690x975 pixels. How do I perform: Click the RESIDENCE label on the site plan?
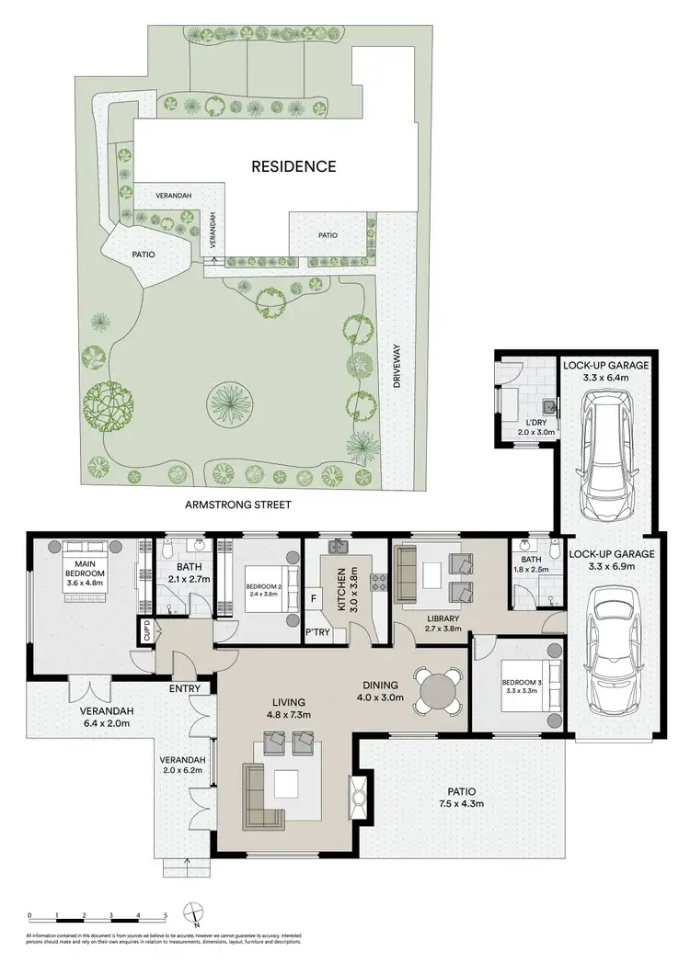[x=294, y=166]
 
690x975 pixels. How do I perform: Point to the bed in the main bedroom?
[x=90, y=576]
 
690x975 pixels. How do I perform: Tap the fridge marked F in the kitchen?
[x=314, y=598]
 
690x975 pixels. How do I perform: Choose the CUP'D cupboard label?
[x=146, y=631]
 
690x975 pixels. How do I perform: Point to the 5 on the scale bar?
[x=165, y=915]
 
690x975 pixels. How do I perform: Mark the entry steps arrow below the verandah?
[x=188, y=863]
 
